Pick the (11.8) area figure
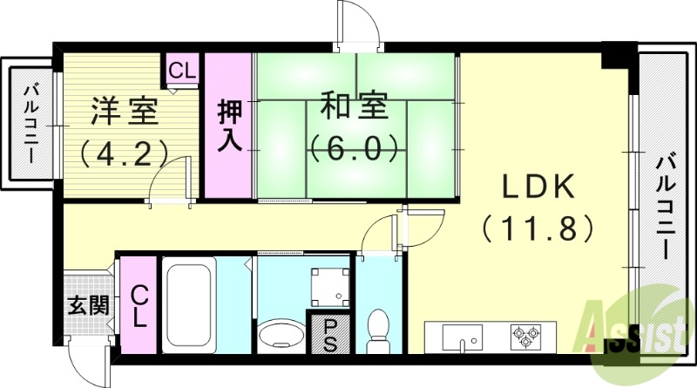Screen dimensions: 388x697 tap(537, 228)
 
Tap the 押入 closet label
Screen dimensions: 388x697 tap(230, 127)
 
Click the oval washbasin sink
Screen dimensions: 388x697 tap(280, 335)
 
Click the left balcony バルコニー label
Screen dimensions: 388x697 tap(32, 124)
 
